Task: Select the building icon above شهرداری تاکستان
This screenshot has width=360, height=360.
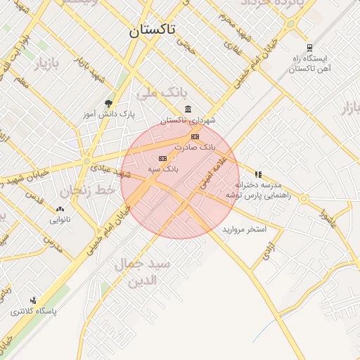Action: click(x=188, y=109)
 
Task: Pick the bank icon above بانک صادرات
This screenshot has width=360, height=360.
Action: click(x=195, y=136)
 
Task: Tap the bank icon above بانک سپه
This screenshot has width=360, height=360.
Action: click(x=163, y=158)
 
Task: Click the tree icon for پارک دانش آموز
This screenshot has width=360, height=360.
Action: click(x=108, y=103)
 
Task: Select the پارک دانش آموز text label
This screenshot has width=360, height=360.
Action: click(x=108, y=113)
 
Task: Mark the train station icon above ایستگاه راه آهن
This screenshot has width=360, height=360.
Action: click(x=309, y=48)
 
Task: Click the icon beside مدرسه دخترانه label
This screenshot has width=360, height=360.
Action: click(x=259, y=174)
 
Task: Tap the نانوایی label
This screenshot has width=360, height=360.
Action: click(x=60, y=219)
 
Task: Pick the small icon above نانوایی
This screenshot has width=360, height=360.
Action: click(x=60, y=209)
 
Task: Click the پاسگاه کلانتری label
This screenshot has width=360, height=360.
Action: click(x=33, y=310)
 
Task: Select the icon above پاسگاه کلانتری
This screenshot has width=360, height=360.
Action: click(x=33, y=300)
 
